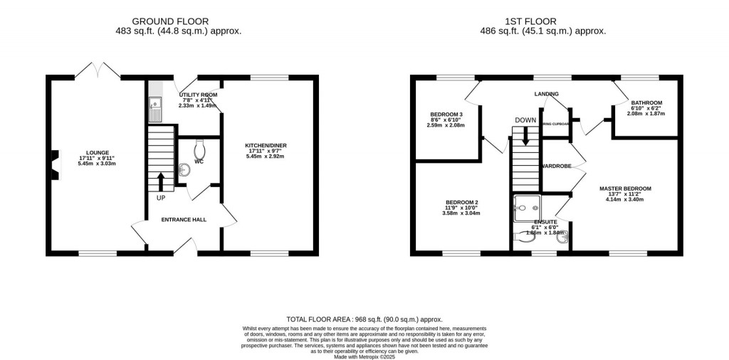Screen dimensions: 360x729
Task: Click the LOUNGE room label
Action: (x=98, y=152)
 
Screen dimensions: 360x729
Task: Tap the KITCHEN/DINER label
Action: (x=266, y=145)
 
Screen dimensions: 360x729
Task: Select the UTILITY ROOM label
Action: (x=198, y=95)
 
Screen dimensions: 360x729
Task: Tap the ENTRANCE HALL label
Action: (x=183, y=220)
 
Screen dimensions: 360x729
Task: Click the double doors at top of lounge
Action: (x=98, y=70)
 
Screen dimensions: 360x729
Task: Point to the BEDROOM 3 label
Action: (x=446, y=115)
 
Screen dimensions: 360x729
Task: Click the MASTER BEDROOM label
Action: (x=625, y=189)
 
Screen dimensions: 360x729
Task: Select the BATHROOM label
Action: (x=646, y=102)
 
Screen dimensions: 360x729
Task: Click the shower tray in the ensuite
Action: (x=527, y=208)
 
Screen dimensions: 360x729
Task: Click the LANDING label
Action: (x=547, y=94)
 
